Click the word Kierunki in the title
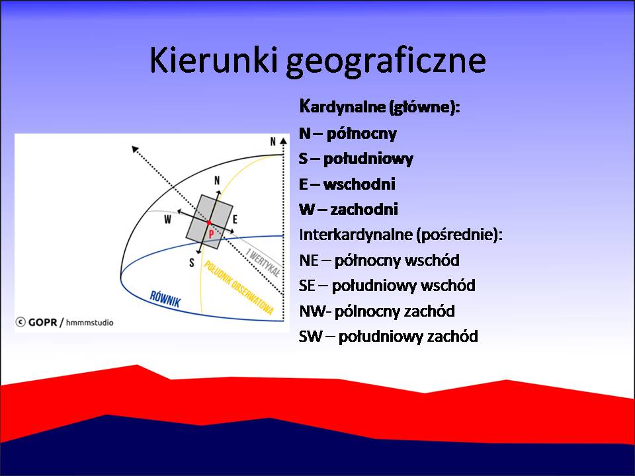click(x=214, y=60)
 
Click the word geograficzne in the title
click(x=386, y=62)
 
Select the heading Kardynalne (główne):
click(x=380, y=107)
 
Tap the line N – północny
click(x=348, y=134)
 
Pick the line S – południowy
click(x=356, y=159)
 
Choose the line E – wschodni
click(x=347, y=184)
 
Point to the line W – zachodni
click(x=349, y=210)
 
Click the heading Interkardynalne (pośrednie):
click(x=401, y=235)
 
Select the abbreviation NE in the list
click(x=309, y=260)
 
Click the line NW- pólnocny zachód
click(x=377, y=311)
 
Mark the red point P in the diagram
click(x=209, y=223)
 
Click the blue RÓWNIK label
click(x=165, y=299)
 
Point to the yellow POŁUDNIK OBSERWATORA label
click(x=239, y=288)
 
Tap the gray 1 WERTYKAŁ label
click(x=263, y=263)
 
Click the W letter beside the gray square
click(x=167, y=219)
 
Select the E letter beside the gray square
click(x=235, y=219)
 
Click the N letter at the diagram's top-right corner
click(x=273, y=141)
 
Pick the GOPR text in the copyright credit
click(x=42, y=323)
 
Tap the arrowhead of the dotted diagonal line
click(x=135, y=149)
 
